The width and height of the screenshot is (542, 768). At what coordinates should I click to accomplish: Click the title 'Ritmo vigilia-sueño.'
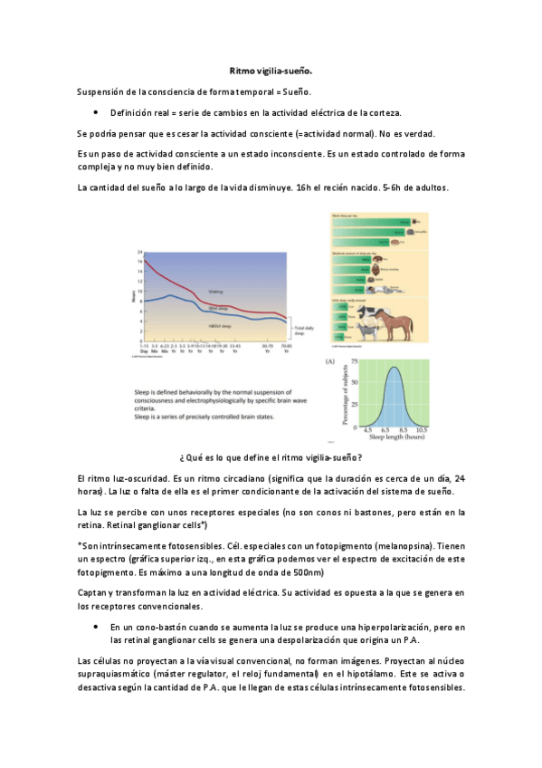coord(271,71)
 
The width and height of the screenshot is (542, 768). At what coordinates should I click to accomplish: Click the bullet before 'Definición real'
coord(96,112)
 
